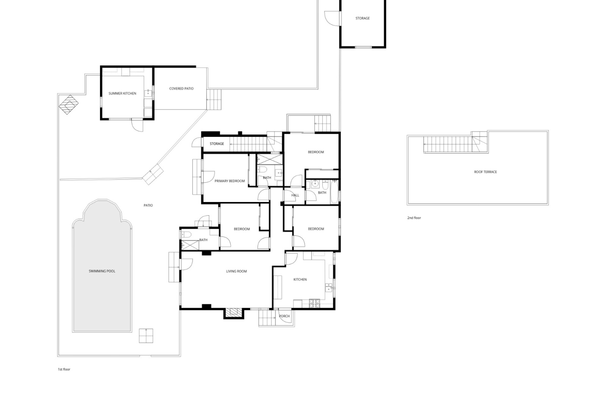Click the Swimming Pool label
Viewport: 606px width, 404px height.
[102, 271]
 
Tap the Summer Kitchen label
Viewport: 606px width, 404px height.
[122, 93]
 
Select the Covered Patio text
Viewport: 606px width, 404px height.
[181, 89]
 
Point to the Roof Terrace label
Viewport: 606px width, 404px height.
[485, 172]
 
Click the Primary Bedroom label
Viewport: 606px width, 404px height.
[230, 181]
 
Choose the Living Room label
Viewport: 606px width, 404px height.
[236, 271]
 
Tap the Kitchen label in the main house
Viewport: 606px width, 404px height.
[300, 279]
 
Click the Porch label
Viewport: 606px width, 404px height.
[284, 316]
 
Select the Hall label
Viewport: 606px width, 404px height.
[295, 195]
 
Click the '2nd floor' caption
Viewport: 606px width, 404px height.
[414, 218]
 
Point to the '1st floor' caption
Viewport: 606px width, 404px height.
[64, 369]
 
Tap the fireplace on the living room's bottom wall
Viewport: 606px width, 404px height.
[234, 313]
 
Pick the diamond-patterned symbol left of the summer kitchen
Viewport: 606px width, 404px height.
[68, 104]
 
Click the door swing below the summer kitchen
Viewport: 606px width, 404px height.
[137, 126]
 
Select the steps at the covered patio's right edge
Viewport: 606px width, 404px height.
[214, 99]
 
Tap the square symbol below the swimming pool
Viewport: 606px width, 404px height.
[146, 336]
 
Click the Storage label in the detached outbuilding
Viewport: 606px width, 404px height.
[363, 18]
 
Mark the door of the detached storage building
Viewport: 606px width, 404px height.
[333, 18]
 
